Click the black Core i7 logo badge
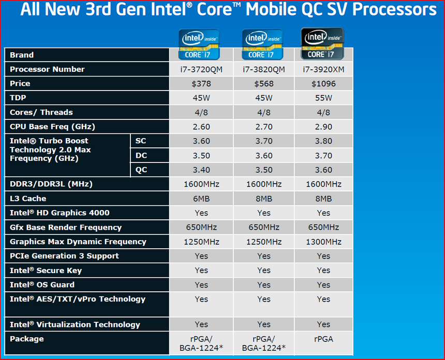click(x=323, y=43)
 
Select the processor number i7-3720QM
click(x=201, y=69)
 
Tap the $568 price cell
click(x=264, y=84)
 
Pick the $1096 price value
click(x=323, y=84)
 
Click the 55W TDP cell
click(x=323, y=98)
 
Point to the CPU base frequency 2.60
click(x=201, y=127)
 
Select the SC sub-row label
click(x=141, y=141)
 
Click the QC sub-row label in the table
click(x=141, y=170)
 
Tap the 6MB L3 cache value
click(x=201, y=199)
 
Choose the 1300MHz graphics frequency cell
click(x=323, y=242)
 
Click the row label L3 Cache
click(x=28, y=199)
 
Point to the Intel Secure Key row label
click(x=46, y=271)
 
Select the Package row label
click(x=27, y=339)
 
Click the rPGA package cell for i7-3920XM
click(x=323, y=339)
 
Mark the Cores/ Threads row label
click(x=41, y=112)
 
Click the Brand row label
click(x=22, y=55)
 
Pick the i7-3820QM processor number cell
click(x=264, y=69)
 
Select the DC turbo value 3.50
click(x=201, y=155)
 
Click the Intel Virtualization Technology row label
click(x=75, y=325)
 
